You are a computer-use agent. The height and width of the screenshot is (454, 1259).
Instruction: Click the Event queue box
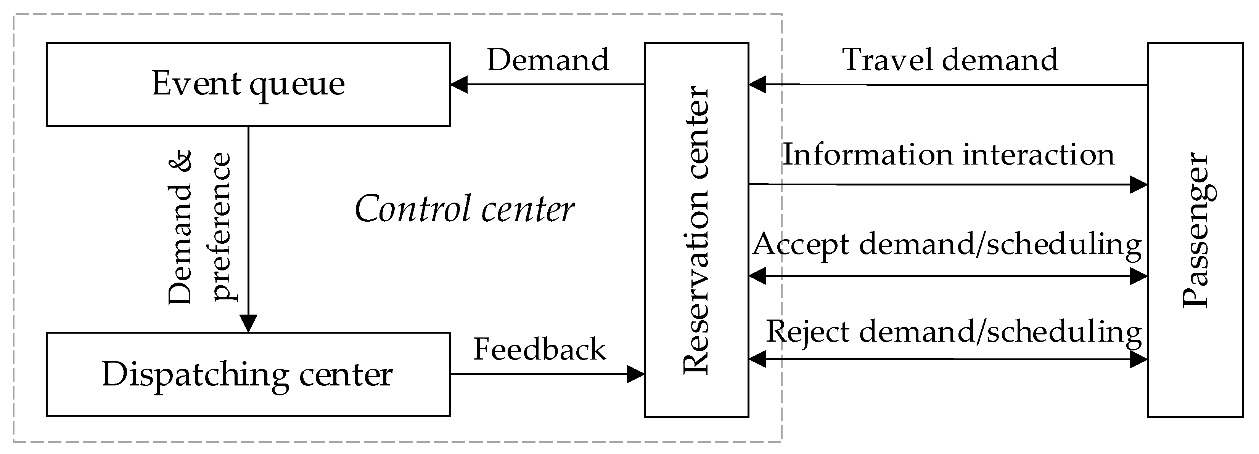click(x=248, y=85)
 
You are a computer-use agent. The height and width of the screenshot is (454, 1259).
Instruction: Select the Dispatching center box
click(x=248, y=374)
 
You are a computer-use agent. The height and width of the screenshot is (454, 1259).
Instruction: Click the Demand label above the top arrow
click(x=548, y=60)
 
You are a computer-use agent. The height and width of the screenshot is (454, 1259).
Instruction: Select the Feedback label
click(x=539, y=350)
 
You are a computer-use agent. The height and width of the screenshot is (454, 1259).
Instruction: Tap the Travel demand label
click(x=950, y=60)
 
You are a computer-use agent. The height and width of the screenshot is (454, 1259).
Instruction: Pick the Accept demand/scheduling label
click(x=947, y=244)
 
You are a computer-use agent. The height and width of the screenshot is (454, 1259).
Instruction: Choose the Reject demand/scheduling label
click(x=953, y=332)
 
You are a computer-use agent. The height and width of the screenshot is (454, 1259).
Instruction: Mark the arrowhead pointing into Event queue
click(x=458, y=85)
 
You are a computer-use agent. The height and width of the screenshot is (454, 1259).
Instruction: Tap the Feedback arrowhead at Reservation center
click(x=635, y=374)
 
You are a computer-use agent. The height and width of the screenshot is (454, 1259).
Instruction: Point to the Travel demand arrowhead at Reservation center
click(x=757, y=85)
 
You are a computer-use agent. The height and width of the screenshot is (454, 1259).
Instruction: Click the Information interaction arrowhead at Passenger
click(x=1139, y=184)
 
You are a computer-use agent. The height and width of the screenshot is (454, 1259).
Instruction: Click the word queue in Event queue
click(x=297, y=85)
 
